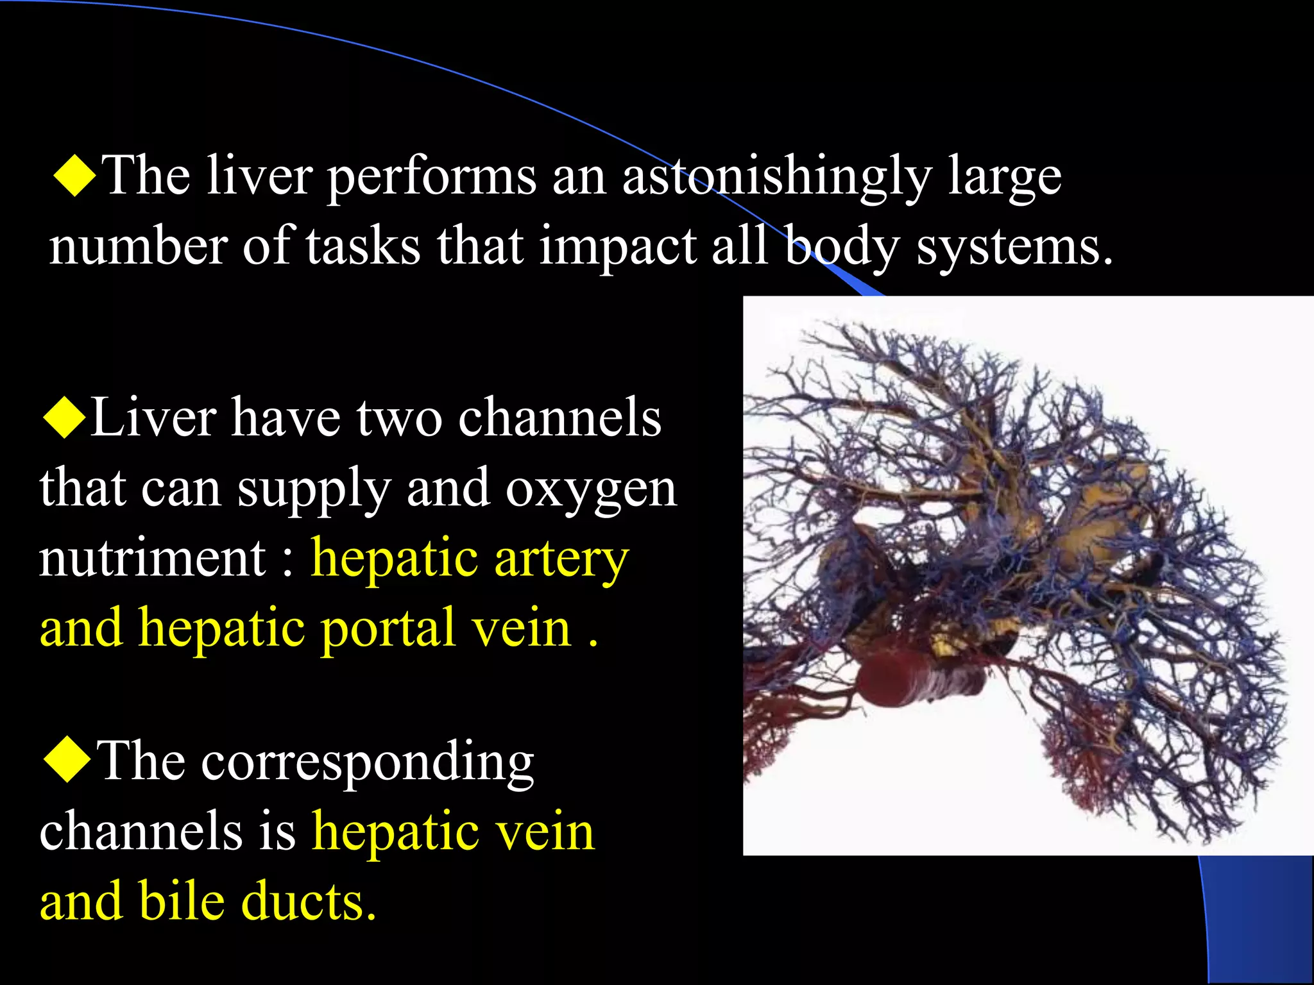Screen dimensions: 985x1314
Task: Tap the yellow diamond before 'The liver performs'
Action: (75, 174)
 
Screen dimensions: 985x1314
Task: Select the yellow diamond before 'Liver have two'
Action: (64, 417)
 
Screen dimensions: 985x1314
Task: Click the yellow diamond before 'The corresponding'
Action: (67, 760)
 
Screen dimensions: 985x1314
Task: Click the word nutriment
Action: (153, 557)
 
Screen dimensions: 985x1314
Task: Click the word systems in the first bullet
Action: (1014, 248)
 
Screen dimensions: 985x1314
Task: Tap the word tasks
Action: (363, 246)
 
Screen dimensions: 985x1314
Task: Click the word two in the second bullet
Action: (399, 418)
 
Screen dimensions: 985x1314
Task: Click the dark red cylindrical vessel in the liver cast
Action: (911, 680)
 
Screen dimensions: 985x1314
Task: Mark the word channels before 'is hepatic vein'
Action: (141, 831)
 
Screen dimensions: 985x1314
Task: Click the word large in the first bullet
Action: (1005, 178)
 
